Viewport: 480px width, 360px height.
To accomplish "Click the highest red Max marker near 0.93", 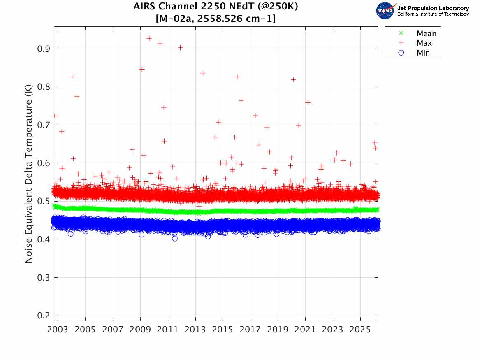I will coord(149,38).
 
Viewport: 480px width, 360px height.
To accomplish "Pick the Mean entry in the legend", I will coord(426,34).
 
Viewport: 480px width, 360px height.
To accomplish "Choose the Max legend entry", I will coord(424,43).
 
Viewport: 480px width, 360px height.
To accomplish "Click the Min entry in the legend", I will coord(423,53).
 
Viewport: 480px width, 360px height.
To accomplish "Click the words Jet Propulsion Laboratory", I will coord(433,8).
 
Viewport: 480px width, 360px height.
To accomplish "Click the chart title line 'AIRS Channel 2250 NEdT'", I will coord(216,7).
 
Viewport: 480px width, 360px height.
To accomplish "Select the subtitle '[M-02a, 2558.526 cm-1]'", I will coord(216,19).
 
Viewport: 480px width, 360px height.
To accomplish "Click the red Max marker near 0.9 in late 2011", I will coord(180,48).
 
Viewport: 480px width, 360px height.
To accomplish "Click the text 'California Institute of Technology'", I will coord(433,14).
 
